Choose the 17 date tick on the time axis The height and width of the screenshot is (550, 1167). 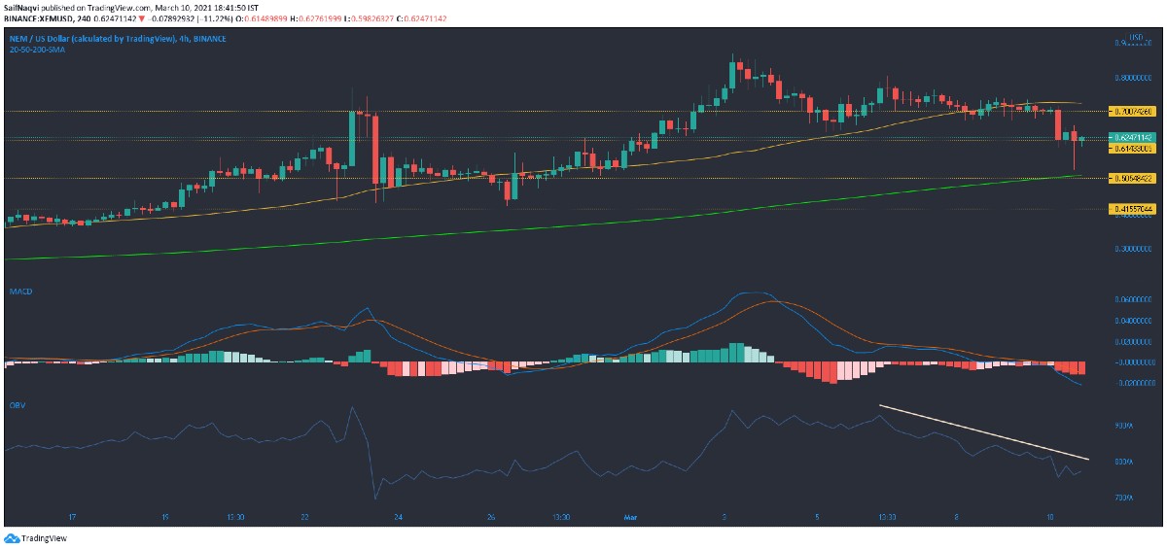click(x=73, y=518)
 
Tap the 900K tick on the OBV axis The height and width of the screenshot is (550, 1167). click(x=1124, y=426)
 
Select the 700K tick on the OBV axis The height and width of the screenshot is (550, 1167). click(x=1124, y=497)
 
